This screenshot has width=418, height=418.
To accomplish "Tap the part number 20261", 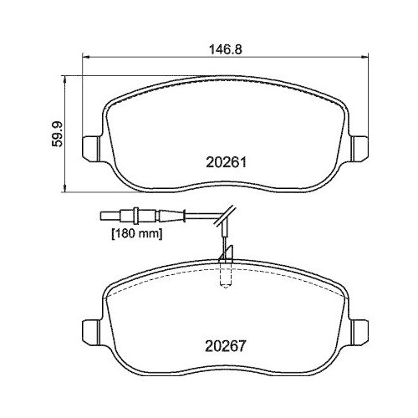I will pyautogui.click(x=223, y=165).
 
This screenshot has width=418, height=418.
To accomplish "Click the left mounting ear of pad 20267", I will pyautogui.click(x=89, y=329).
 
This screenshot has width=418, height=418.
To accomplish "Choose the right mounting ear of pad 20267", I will pyautogui.click(x=357, y=329).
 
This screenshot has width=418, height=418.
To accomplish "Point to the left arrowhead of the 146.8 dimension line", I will pyautogui.click(x=84, y=57).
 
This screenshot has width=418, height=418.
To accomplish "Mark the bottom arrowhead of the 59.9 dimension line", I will pyautogui.click(x=66, y=185).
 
